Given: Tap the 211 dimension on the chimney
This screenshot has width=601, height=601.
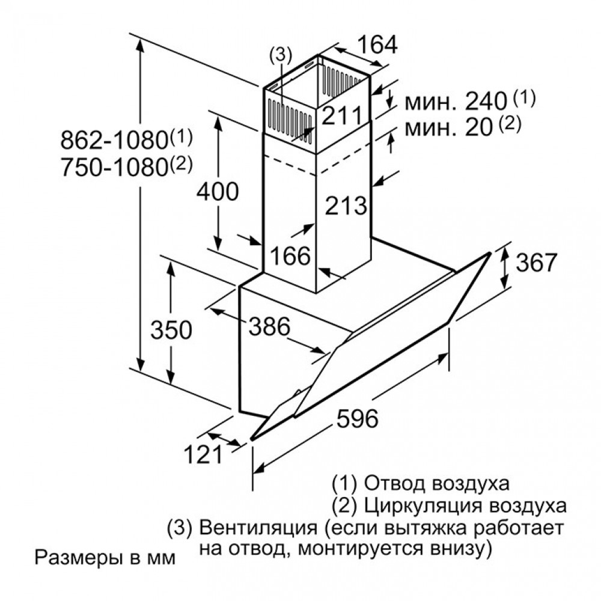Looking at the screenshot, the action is point(341,115).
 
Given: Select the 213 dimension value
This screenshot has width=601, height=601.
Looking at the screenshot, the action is point(346,206).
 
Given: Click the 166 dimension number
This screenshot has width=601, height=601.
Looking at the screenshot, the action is point(290,255).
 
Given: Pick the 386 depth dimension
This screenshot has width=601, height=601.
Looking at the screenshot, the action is point(269,326).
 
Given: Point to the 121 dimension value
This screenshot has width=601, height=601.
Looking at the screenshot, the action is point(203,454).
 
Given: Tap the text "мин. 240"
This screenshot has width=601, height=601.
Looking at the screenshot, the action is point(456,102).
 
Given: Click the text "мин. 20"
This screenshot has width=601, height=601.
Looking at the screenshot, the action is point(448,127).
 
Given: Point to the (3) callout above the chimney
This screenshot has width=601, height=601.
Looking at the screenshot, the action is point(281,55).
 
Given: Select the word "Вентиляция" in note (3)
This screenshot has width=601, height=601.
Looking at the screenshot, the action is point(258,528).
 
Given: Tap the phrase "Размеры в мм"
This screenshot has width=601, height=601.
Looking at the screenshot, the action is point(105,558).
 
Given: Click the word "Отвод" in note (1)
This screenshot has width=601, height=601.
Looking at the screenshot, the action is point(395,484).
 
